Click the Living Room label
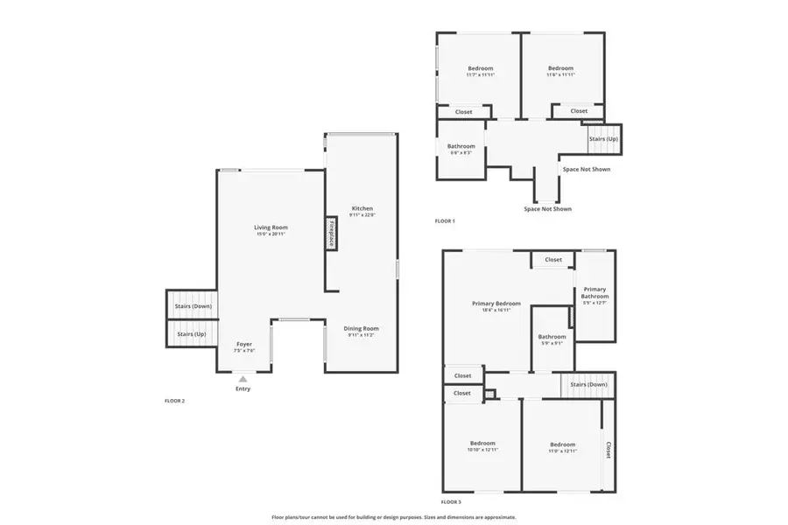(x=271, y=227)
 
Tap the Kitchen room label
(x=362, y=209)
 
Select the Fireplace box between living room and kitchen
(x=332, y=234)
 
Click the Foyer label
(x=244, y=345)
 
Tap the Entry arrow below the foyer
(x=243, y=379)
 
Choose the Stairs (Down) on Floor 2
(x=193, y=306)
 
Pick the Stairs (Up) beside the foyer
(x=192, y=334)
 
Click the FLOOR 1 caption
(x=445, y=221)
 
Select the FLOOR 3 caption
(x=450, y=502)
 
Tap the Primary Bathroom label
(x=595, y=293)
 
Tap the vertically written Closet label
(x=608, y=450)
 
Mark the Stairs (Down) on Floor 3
(x=588, y=384)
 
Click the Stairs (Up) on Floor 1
(x=602, y=139)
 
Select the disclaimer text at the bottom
(x=394, y=517)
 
